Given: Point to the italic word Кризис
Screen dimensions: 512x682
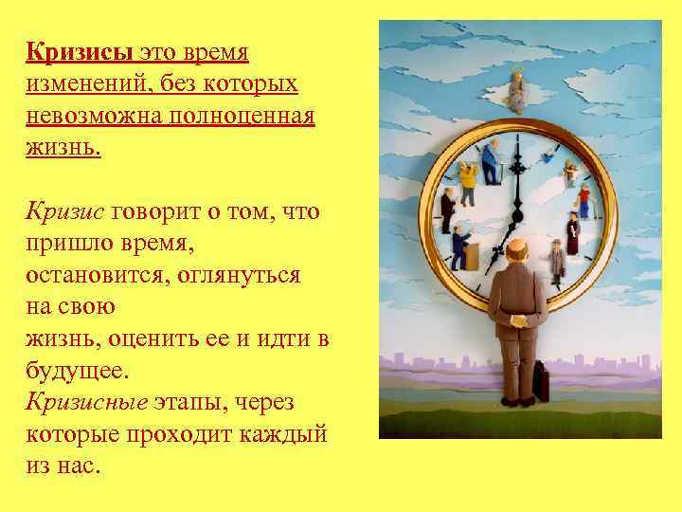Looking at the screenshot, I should point(64,211).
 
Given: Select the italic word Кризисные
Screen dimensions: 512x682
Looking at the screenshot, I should point(86,403).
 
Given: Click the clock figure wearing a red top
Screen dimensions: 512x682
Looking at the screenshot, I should point(583,198).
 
